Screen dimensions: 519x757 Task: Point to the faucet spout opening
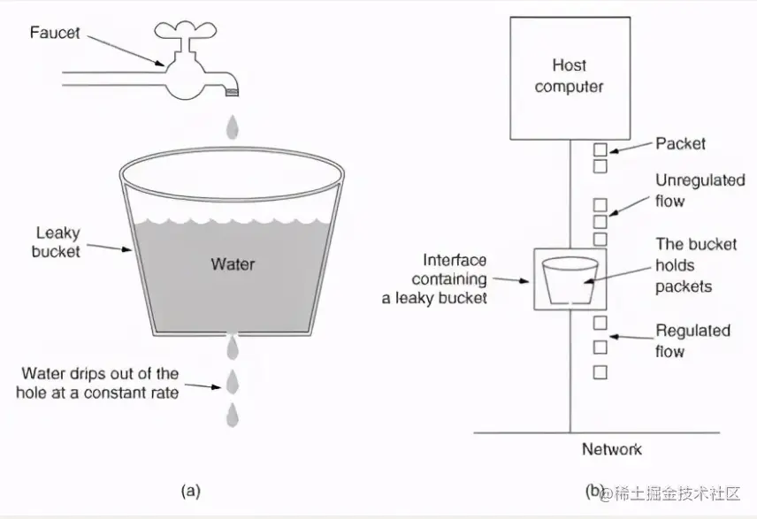click(233, 90)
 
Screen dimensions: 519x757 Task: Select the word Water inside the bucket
click(233, 263)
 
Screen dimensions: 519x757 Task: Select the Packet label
click(680, 143)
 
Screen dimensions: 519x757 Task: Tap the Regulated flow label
click(692, 340)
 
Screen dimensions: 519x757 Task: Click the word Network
click(611, 450)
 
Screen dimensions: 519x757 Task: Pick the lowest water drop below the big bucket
click(233, 413)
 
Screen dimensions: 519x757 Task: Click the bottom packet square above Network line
click(600, 372)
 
